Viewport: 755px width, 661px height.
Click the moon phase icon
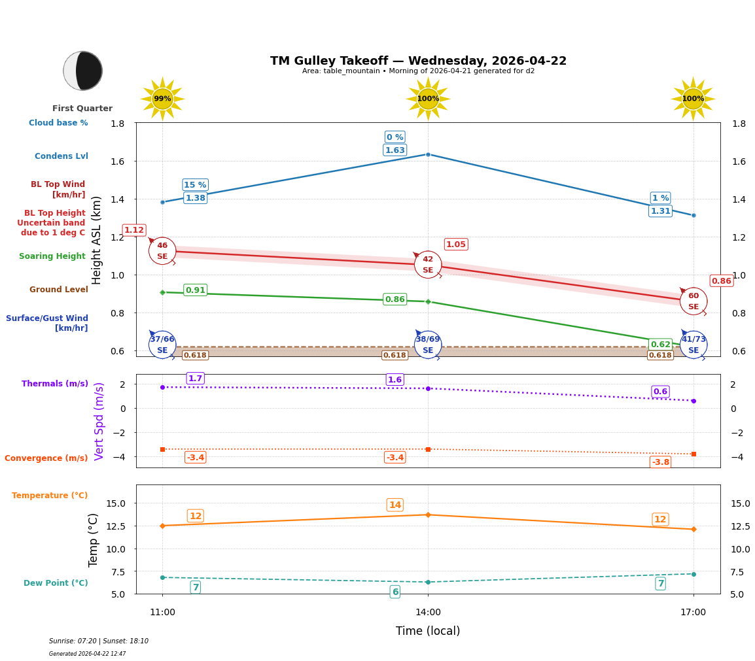[x=83, y=71]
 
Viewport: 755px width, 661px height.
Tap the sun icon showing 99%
[x=162, y=99]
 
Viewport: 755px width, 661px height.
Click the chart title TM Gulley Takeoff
[x=418, y=61]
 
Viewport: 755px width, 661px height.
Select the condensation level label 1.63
[x=395, y=150]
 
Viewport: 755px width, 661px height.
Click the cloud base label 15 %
[x=195, y=185]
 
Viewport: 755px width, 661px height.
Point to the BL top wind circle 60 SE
[x=693, y=301]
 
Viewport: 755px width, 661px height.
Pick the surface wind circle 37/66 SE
[x=162, y=345]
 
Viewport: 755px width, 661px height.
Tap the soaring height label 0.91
[x=195, y=290]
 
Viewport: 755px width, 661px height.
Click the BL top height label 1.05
[x=455, y=245]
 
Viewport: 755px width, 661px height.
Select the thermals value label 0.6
[x=660, y=392]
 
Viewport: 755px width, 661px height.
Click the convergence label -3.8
[x=660, y=462]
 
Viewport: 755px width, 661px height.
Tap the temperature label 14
[x=395, y=505]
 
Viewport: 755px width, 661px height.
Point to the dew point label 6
[x=395, y=592]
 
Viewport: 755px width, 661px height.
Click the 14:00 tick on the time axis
[x=428, y=612]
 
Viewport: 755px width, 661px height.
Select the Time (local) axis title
[x=428, y=631]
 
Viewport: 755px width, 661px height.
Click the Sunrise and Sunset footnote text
[x=99, y=641]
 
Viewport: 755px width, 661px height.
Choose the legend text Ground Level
[x=58, y=290]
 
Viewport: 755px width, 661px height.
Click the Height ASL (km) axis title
[x=97, y=240]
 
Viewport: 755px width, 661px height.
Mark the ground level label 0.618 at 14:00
[x=395, y=356]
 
